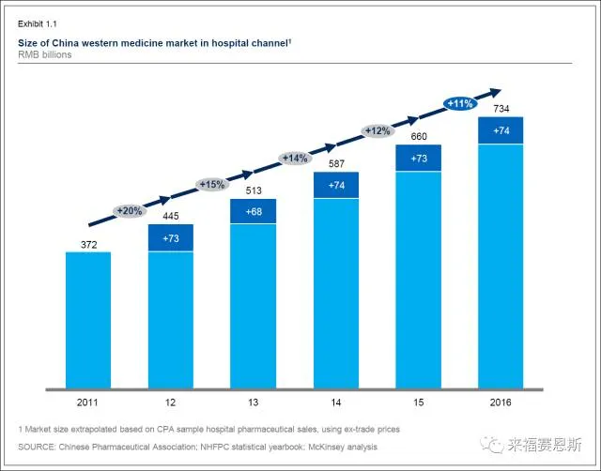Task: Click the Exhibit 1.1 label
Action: click(37, 21)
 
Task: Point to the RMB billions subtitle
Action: click(44, 54)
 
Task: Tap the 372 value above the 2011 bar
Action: click(87, 241)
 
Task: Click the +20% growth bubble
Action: click(130, 211)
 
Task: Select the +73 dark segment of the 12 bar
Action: click(170, 237)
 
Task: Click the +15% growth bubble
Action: click(212, 185)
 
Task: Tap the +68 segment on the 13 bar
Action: click(253, 212)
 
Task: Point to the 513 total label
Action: click(253, 190)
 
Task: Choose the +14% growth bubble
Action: click(294, 158)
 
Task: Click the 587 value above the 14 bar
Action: click(335, 163)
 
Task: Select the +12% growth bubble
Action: click(377, 131)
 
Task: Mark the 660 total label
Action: click(418, 136)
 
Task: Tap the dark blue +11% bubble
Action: click(460, 104)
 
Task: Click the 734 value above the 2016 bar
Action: click(501, 109)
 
